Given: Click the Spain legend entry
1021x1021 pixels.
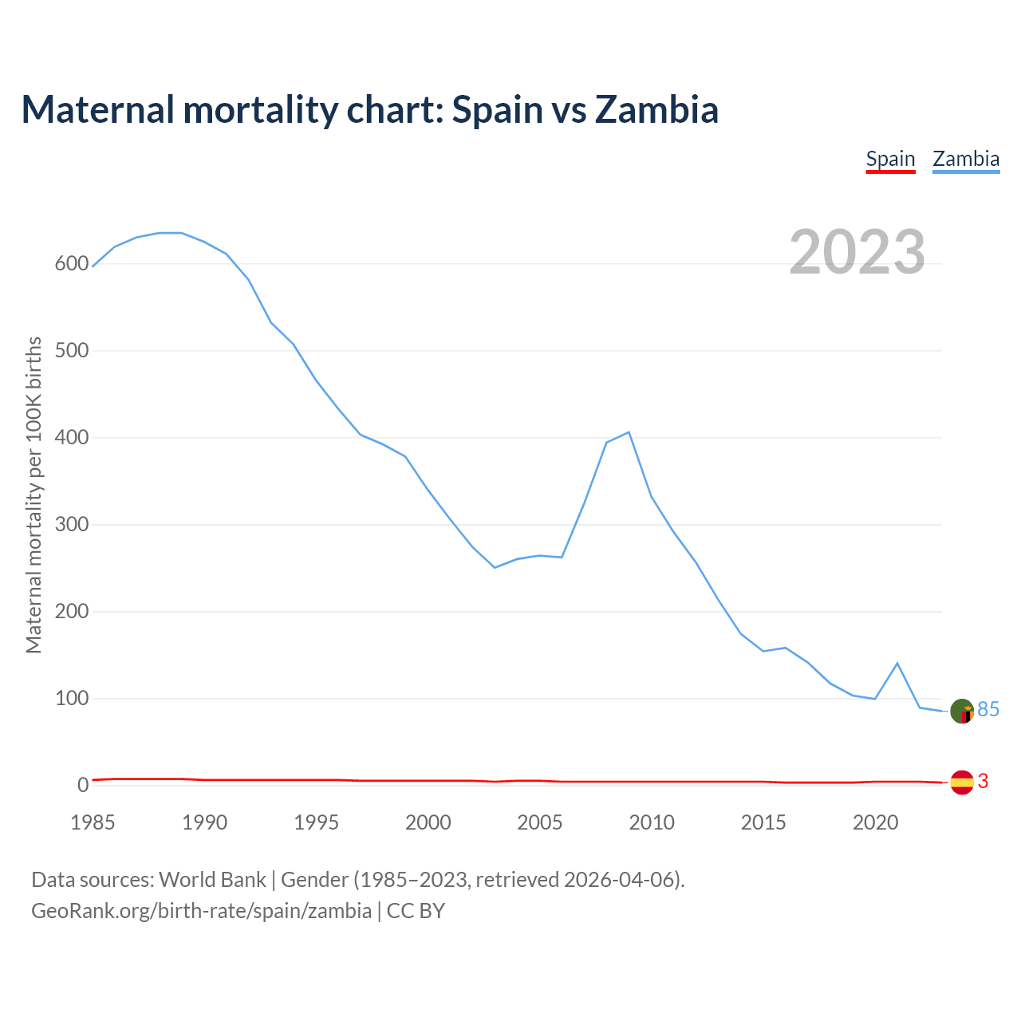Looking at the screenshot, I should pyautogui.click(x=890, y=159).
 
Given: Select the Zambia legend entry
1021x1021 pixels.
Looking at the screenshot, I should pyautogui.click(x=966, y=159).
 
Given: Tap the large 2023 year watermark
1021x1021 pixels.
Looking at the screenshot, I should pyautogui.click(x=857, y=252).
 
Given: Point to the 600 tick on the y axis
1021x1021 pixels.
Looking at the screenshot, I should pyautogui.click(x=71, y=264).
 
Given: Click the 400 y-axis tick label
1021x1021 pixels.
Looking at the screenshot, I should pyautogui.click(x=71, y=438).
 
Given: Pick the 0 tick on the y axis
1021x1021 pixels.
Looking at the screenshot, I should pyautogui.click(x=83, y=786).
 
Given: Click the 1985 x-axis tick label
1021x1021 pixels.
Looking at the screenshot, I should pyautogui.click(x=93, y=822).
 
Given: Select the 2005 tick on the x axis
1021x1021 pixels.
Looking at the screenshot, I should pyautogui.click(x=540, y=822).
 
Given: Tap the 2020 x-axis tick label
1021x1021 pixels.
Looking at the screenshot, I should pyautogui.click(x=876, y=822).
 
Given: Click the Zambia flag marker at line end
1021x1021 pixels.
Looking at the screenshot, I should pyautogui.click(x=963, y=712).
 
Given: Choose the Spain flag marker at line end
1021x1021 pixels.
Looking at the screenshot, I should pyautogui.click(x=963, y=783).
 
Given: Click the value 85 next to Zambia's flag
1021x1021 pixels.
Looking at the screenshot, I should pyautogui.click(x=988, y=710).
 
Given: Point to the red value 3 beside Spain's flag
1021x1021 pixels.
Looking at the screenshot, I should pyautogui.click(x=983, y=782).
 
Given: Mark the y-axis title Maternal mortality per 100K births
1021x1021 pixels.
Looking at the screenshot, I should pyautogui.click(x=34, y=495).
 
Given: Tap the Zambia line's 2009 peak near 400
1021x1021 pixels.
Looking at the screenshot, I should pyautogui.click(x=629, y=432).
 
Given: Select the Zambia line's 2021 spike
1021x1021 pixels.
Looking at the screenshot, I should pyautogui.click(x=897, y=663).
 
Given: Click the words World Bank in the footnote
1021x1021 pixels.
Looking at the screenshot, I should pyautogui.click(x=212, y=880).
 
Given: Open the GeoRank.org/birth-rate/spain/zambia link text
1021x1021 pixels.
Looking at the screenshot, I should pyautogui.click(x=201, y=911).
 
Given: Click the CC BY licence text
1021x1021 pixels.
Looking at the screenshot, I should pyautogui.click(x=416, y=911).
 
